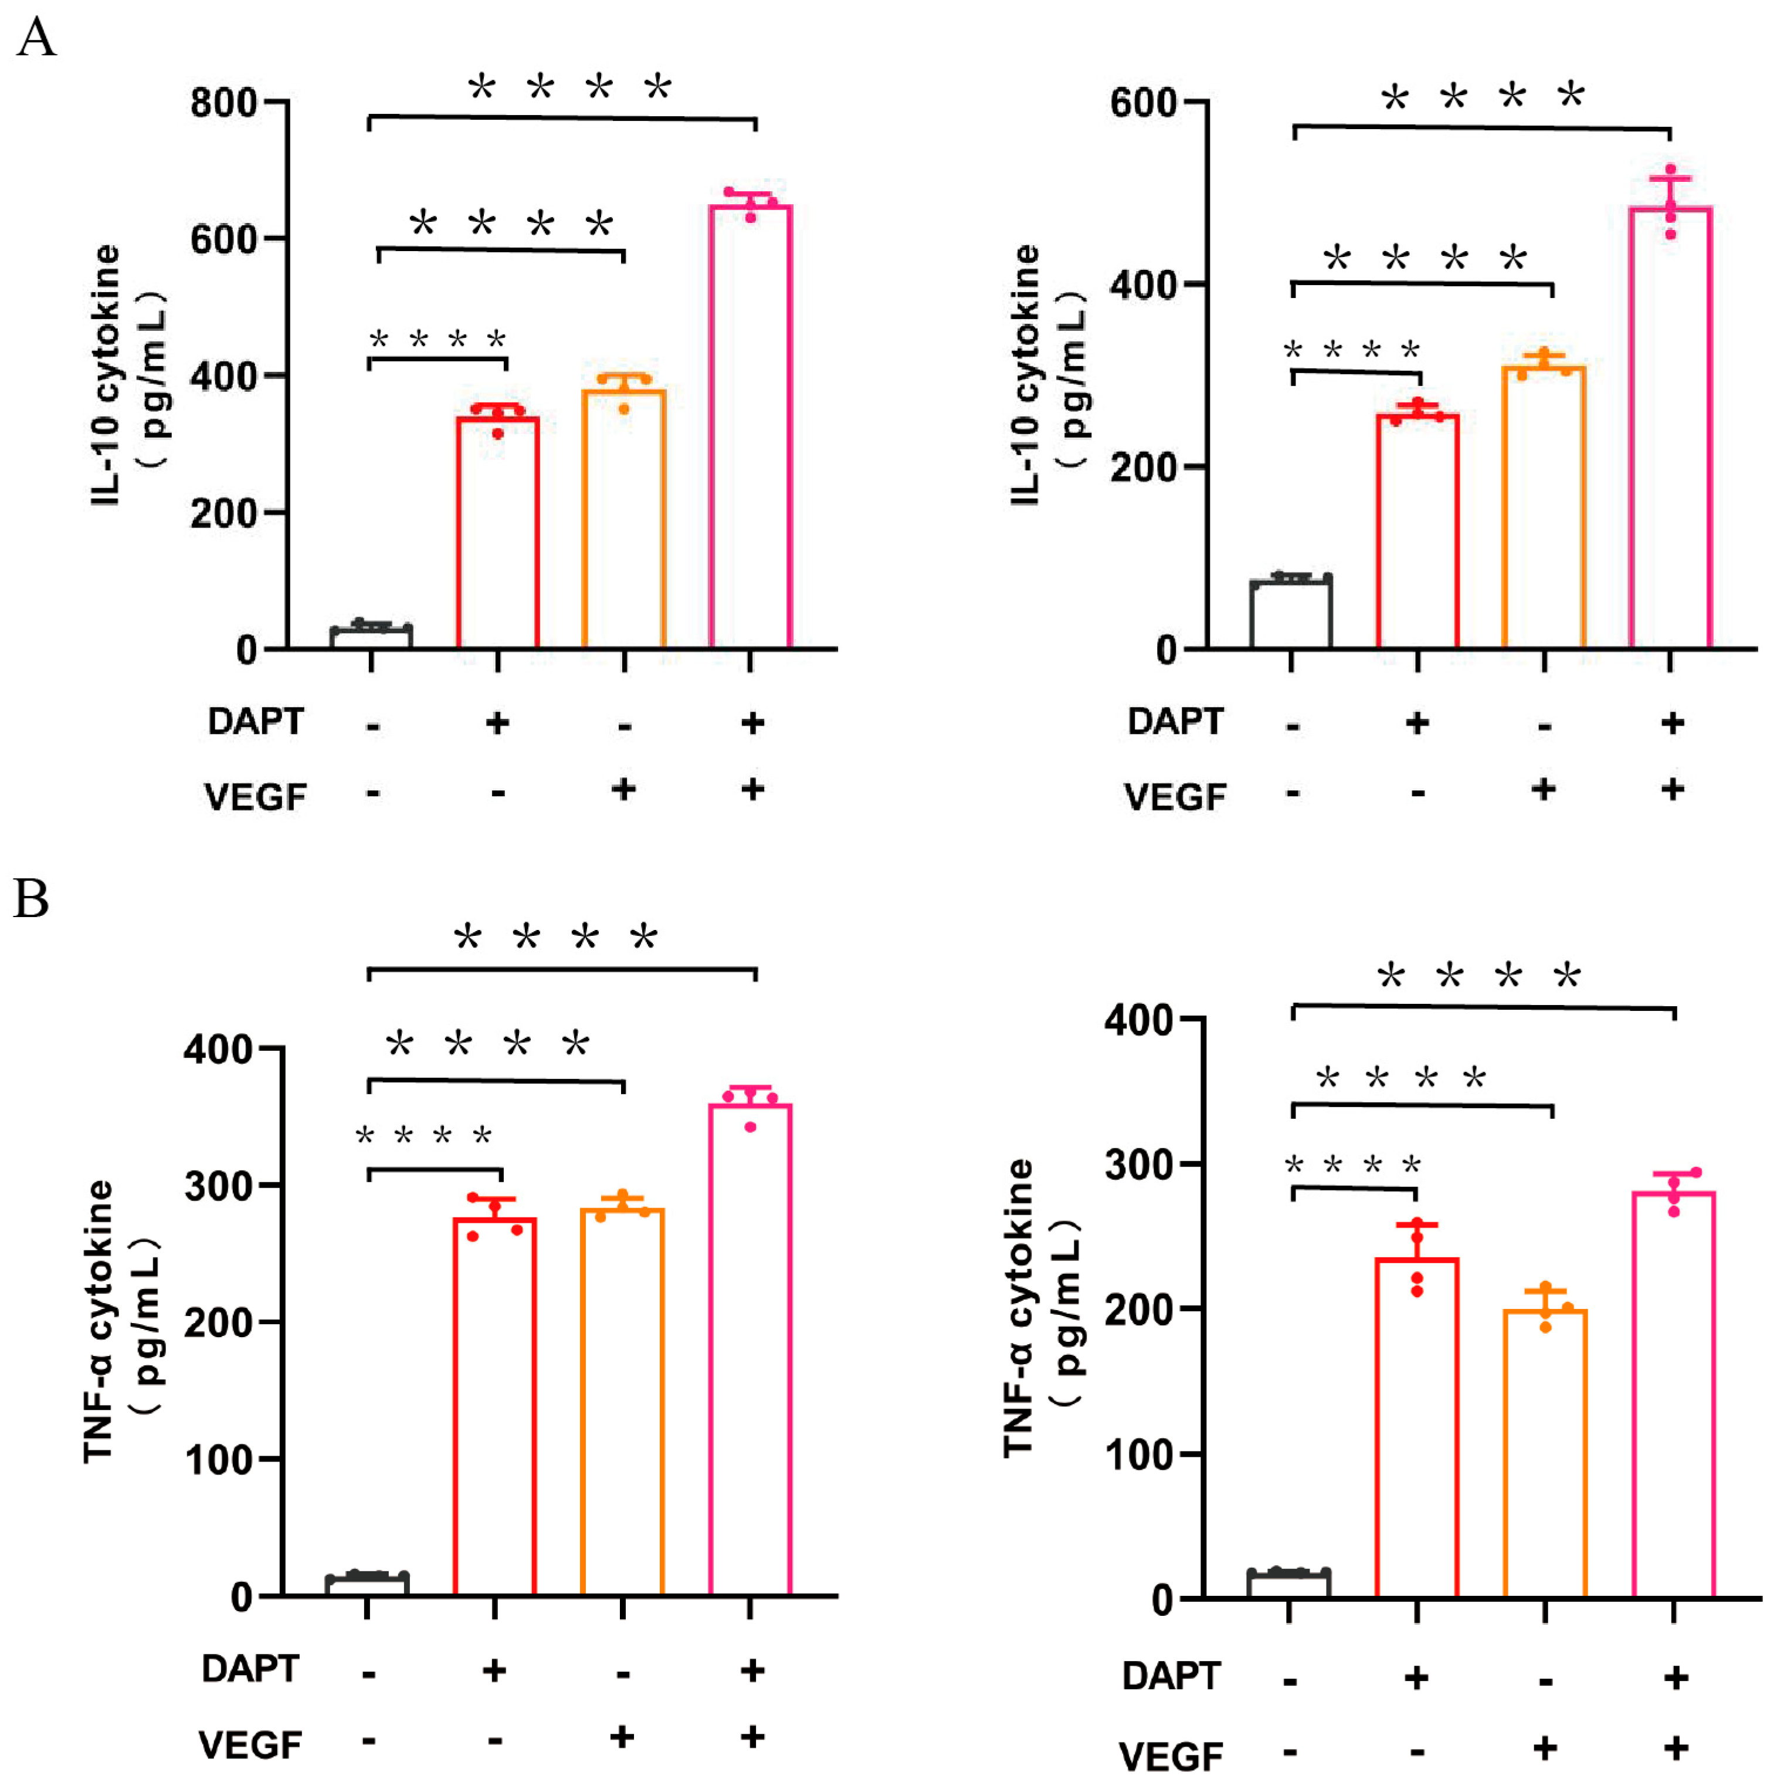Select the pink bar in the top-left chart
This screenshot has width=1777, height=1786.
pyautogui.click(x=750, y=425)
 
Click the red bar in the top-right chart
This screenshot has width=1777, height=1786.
pyautogui.click(x=1416, y=532)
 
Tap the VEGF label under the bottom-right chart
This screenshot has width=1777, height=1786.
pyautogui.click(x=1171, y=1757)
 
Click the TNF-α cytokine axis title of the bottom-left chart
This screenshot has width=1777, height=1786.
pyautogui.click(x=99, y=1322)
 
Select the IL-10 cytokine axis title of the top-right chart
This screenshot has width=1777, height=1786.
pyautogui.click(x=1026, y=374)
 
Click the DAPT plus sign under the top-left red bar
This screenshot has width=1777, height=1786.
pyautogui.click(x=497, y=723)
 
